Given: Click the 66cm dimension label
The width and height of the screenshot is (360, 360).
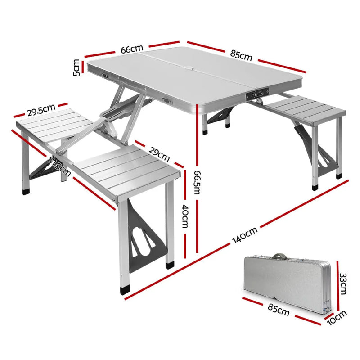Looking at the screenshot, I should click(132, 49).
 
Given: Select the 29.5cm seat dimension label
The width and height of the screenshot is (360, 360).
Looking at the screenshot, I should click(41, 110).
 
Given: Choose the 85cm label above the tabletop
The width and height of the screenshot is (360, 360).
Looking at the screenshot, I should click(241, 55).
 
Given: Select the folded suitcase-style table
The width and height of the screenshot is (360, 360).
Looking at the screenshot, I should click(288, 283).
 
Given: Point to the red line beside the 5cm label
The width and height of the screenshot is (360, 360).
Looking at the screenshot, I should click(83, 67).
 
